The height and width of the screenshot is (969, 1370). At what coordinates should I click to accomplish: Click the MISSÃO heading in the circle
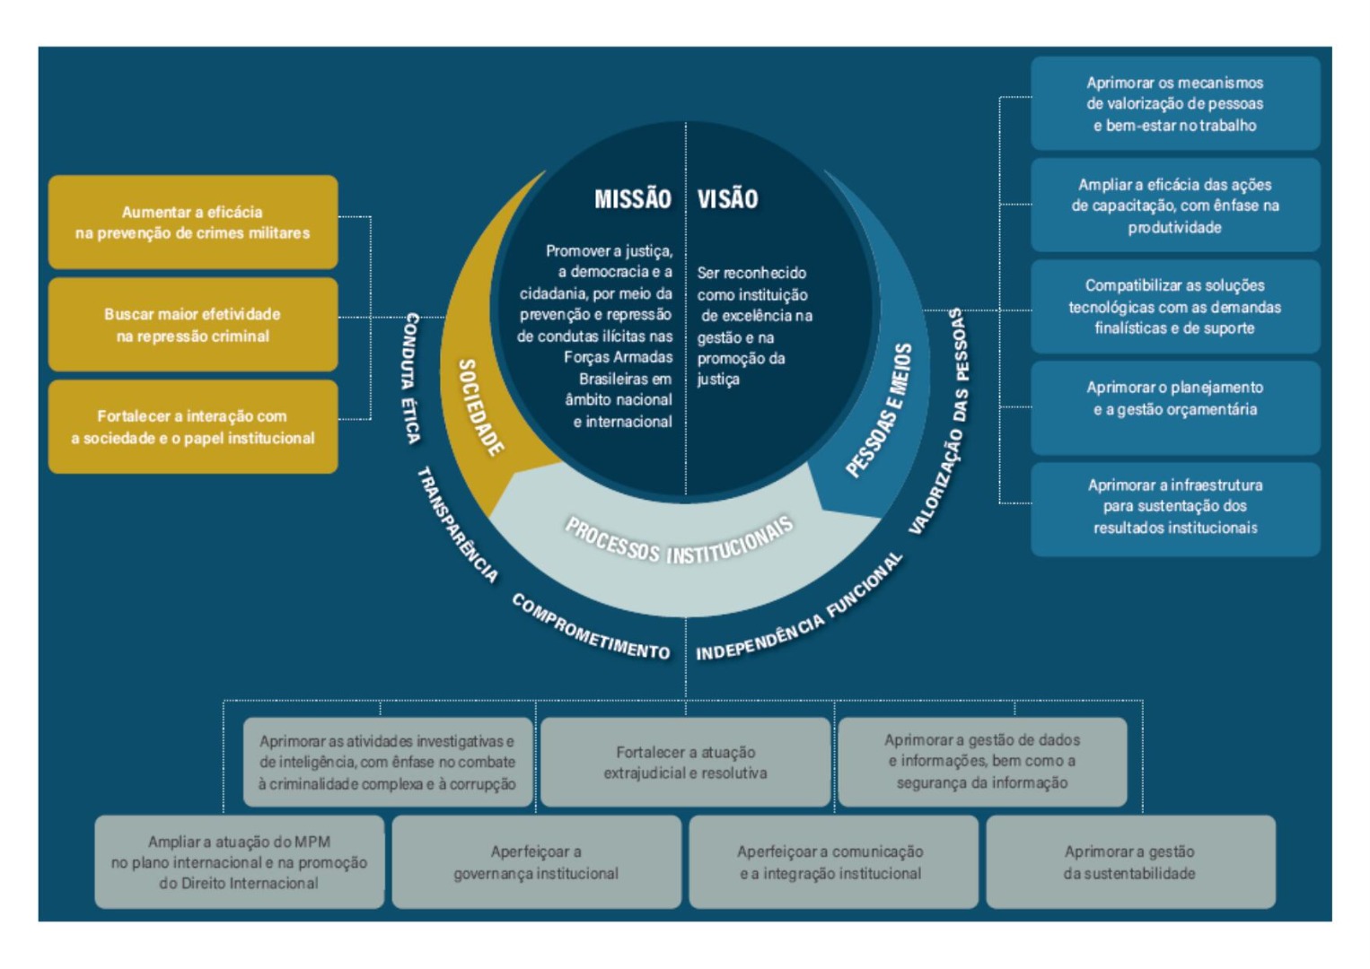(632, 199)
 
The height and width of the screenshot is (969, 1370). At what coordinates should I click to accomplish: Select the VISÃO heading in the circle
(727, 199)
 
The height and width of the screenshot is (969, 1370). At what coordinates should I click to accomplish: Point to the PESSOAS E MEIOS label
(879, 410)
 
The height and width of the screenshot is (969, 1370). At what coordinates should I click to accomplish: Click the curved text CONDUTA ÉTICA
(410, 378)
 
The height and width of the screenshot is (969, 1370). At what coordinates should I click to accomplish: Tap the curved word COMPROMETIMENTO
(590, 627)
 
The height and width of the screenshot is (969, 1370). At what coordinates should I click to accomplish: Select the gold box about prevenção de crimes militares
(193, 223)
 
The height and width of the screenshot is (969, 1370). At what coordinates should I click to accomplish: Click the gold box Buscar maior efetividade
(193, 325)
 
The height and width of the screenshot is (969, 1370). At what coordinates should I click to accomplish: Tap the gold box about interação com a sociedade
(193, 427)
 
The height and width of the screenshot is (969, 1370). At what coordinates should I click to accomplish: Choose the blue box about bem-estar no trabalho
(1174, 104)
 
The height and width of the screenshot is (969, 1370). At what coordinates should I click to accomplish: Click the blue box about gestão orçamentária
(1174, 398)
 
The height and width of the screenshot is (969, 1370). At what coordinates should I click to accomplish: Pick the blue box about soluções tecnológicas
(1174, 307)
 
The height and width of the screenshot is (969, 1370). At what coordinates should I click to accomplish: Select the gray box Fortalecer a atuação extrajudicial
(685, 763)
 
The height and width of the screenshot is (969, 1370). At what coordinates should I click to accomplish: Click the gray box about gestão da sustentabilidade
(1129, 862)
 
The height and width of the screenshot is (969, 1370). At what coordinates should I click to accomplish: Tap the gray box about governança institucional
(536, 862)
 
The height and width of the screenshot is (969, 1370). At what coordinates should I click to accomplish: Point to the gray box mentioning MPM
(239, 862)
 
